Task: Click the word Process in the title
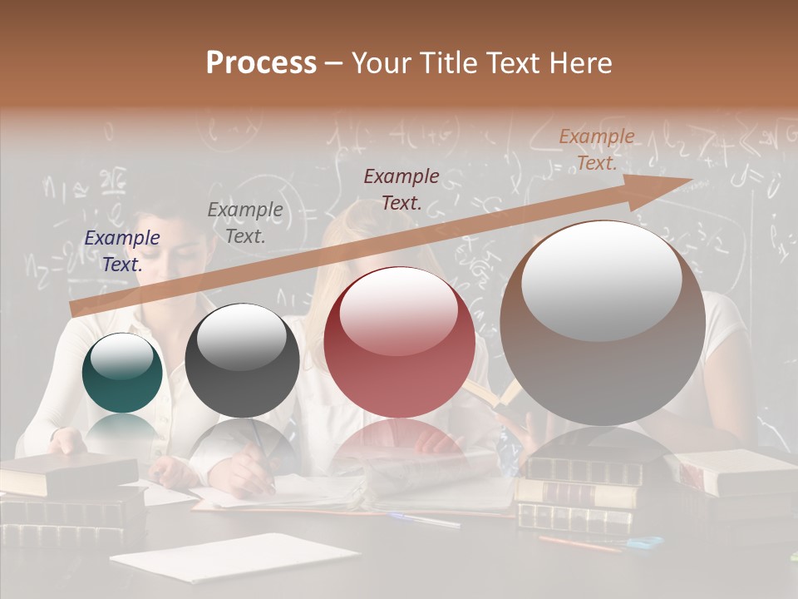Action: (261, 63)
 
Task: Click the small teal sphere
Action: (122, 374)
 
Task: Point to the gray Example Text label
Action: (245, 223)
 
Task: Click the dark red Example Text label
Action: (401, 189)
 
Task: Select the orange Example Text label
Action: (596, 150)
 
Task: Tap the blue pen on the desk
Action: (424, 520)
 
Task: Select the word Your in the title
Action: (384, 63)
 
